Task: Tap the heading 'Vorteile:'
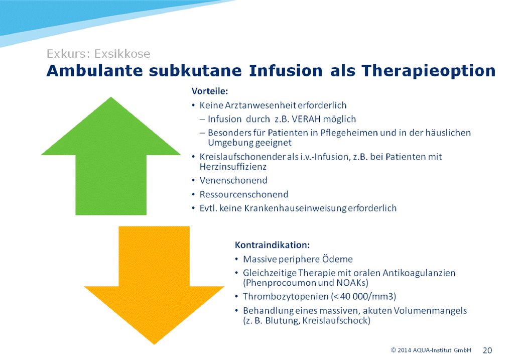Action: click(209, 91)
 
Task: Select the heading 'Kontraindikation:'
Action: click(272, 245)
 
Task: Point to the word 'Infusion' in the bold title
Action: click(286, 71)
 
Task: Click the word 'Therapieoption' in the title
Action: click(429, 71)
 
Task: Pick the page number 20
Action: click(487, 350)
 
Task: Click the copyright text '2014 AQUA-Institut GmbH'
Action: click(434, 350)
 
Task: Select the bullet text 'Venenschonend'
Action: click(233, 180)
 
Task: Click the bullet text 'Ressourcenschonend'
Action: click(244, 194)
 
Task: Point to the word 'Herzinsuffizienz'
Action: click(233, 167)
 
